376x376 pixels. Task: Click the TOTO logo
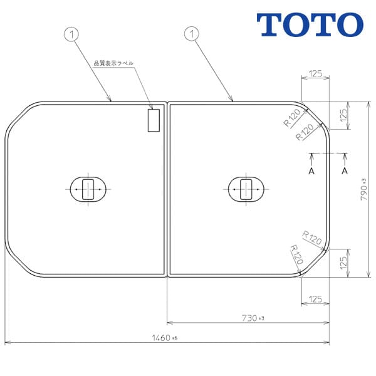pos(310,24)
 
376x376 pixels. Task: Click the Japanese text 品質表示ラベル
pos(113,63)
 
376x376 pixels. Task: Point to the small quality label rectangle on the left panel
pos(154,120)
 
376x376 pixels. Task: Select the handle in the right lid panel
pos(247,188)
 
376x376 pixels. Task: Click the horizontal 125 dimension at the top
pos(315,74)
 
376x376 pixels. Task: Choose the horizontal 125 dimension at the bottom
pos(315,299)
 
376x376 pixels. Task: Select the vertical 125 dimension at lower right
pos(343,262)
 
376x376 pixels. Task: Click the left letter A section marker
pos(311,170)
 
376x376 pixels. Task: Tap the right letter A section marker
pos(344,170)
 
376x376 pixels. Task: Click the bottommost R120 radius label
pos(296,254)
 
